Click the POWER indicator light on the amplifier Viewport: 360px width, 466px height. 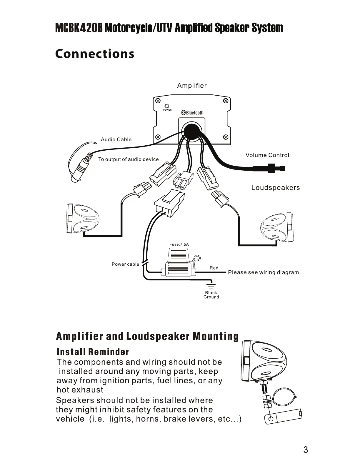click(167, 106)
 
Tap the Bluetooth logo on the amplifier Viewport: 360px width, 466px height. click(192, 113)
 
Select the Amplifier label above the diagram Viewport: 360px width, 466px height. click(192, 86)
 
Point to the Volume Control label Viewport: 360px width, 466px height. click(267, 155)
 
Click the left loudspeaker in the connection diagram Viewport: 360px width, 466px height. click(83, 218)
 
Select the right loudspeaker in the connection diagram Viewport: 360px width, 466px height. click(276, 227)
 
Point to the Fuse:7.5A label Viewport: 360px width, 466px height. click(179, 244)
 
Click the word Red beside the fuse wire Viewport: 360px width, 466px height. click(214, 268)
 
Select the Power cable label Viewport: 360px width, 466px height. click(125, 264)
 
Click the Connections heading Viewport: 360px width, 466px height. click(95, 54)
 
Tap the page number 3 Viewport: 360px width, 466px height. click(306, 450)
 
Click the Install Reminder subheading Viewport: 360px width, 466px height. click(93, 352)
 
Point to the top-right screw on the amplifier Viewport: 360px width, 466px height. click(226, 101)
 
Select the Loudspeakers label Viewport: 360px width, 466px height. click(275, 188)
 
